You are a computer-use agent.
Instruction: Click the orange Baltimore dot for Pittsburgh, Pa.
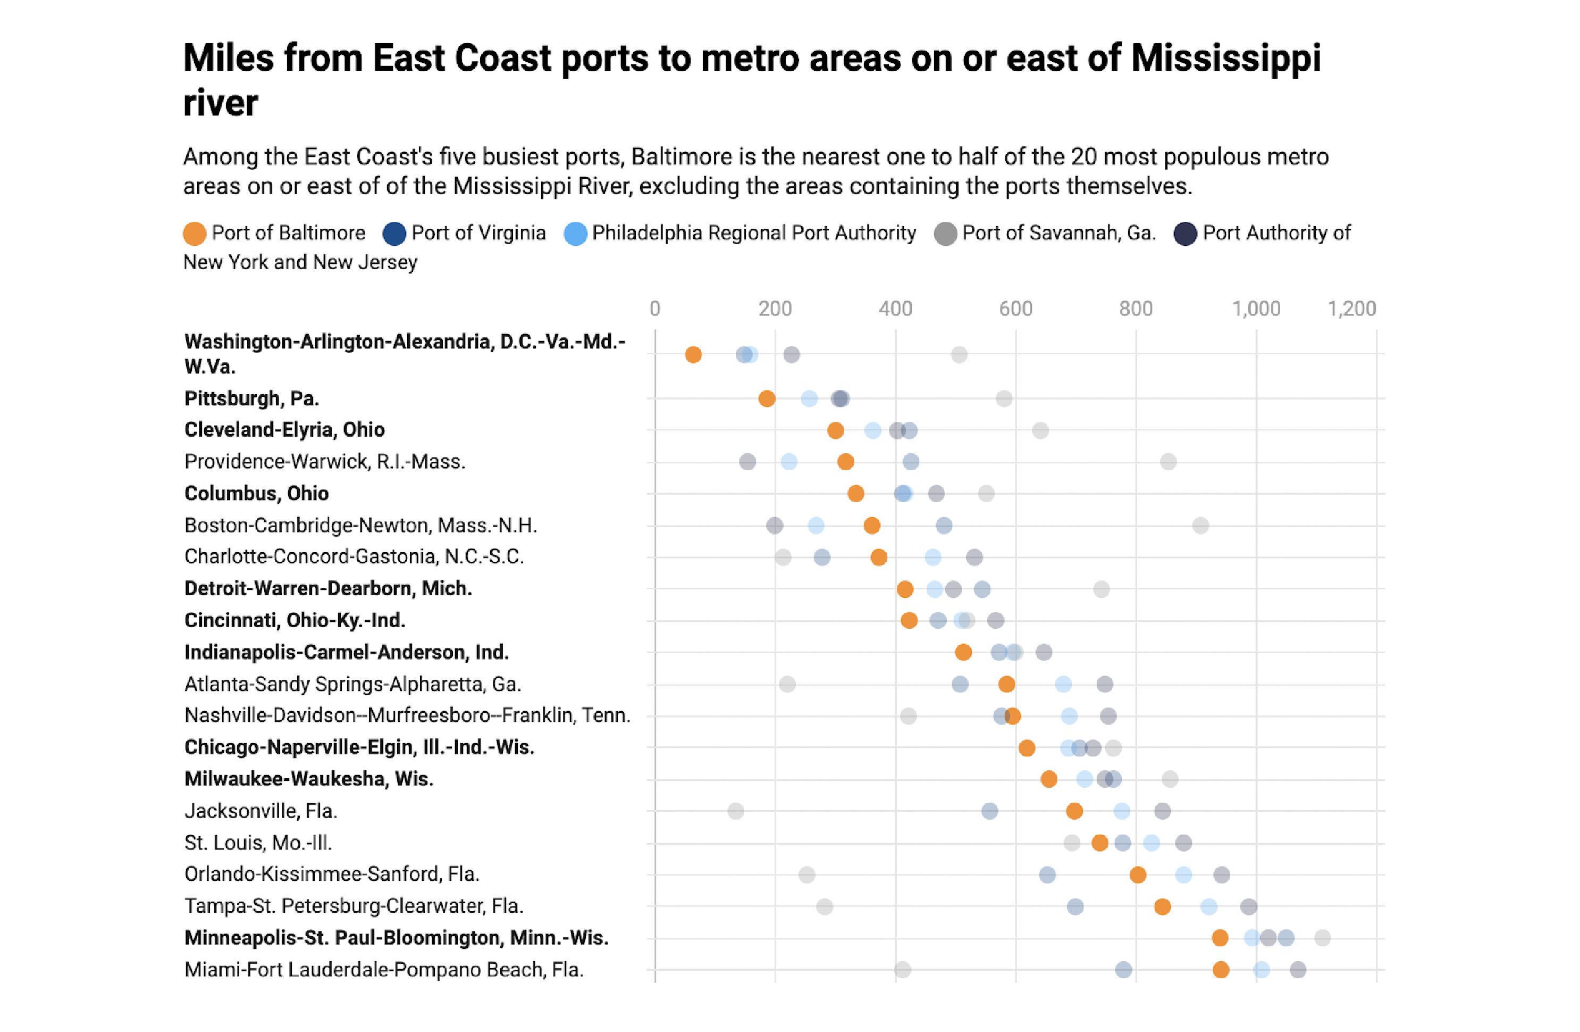[x=767, y=398]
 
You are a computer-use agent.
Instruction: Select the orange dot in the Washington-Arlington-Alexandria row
[x=693, y=355]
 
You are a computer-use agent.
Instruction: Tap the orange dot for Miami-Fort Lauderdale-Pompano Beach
[x=1221, y=970]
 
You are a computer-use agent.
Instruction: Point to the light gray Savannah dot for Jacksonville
[x=736, y=811]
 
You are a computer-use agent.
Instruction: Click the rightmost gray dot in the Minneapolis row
[x=1322, y=938]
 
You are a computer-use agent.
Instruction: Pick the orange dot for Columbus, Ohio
[x=856, y=494]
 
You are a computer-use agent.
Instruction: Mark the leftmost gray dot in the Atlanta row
[x=787, y=684]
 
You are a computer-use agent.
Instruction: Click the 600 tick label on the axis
[x=1016, y=309]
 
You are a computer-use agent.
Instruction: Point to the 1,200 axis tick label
[x=1351, y=309]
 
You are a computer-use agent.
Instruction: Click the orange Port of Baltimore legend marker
[x=195, y=234]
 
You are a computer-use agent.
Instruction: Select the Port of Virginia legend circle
[x=394, y=234]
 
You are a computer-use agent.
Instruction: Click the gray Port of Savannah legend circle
[x=945, y=234]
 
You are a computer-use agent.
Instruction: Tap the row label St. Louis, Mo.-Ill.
[x=258, y=843]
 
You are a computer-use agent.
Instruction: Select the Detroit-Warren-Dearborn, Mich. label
[x=328, y=588]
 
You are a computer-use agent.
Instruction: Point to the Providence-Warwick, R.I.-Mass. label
[x=325, y=462]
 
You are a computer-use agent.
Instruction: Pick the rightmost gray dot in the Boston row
[x=1200, y=525]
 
